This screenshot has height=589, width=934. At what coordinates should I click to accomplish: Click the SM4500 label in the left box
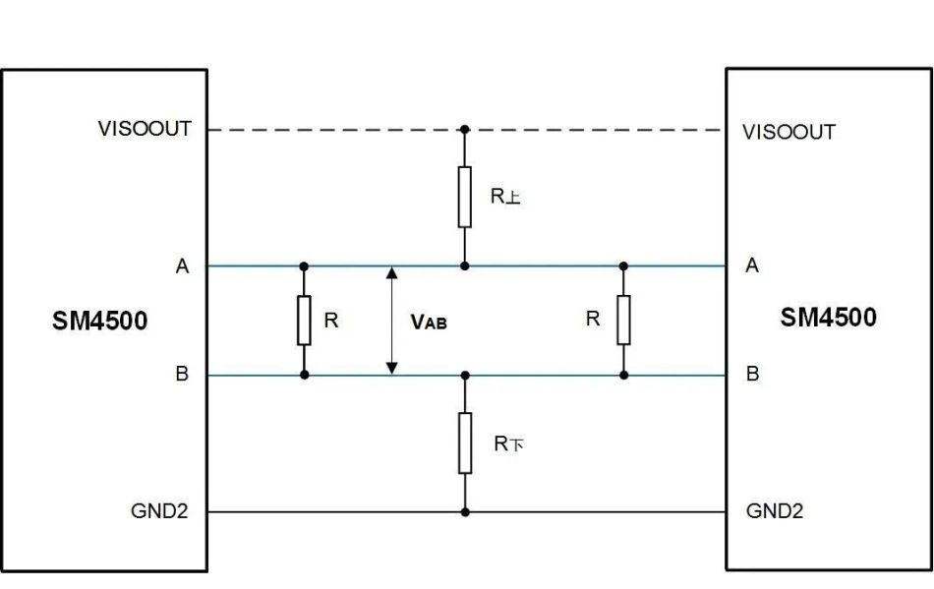coord(100,321)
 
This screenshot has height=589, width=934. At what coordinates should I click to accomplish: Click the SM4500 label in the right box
coord(829,317)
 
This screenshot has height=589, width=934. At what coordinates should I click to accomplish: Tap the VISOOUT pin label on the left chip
coord(145,129)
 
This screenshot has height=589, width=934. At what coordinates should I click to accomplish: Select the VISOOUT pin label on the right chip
coord(788,132)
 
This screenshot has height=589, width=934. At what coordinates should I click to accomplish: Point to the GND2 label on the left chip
coord(159,511)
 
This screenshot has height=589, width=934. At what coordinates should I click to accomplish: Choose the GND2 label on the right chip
coord(775,510)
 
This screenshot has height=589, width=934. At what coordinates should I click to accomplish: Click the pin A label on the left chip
coord(182,266)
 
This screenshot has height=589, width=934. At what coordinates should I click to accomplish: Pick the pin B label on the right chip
coord(752,374)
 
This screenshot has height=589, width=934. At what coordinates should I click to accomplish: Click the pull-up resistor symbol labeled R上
coord(465,197)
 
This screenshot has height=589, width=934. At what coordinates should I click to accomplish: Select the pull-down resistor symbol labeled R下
coord(465,443)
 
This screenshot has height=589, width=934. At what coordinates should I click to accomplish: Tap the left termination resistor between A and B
coord(304,321)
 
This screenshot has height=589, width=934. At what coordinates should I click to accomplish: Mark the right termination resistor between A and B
coord(623,320)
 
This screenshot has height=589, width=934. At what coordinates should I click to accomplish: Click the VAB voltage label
coord(429,323)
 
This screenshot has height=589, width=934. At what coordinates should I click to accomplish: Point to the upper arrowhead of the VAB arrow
coord(391,272)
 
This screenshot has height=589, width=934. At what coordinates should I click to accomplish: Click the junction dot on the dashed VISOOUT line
coord(465,129)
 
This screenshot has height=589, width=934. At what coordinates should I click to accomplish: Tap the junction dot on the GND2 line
coord(465,512)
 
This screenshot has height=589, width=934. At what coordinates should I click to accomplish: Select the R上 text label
coord(505,196)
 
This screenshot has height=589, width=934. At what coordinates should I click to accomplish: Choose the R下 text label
coord(509,443)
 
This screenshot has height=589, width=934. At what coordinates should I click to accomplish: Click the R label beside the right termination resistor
coord(593,319)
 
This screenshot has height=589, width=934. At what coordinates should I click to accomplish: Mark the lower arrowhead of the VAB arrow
coord(391,369)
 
